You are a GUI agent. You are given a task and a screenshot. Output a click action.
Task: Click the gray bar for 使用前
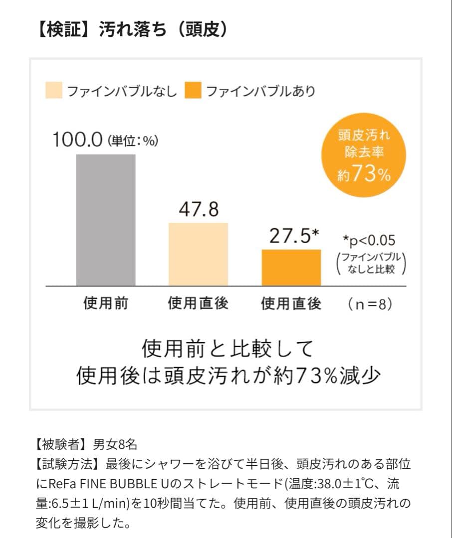coord(106,220)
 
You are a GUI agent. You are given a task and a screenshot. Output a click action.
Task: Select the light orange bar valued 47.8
coord(198,254)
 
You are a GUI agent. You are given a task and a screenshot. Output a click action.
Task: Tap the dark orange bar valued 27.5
coord(291,267)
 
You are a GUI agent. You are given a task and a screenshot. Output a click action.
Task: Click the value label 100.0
coord(78,140)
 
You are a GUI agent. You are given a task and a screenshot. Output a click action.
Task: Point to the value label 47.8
coord(199,209)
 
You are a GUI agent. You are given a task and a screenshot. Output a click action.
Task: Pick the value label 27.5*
coord(294,236)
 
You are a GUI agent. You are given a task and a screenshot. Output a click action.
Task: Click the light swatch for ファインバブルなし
coord(53,91)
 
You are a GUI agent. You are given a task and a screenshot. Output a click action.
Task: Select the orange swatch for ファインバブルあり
coord(193,91)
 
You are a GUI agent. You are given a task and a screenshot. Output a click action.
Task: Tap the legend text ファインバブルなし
coord(122,92)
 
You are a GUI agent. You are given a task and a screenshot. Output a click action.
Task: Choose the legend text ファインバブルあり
coord(260,92)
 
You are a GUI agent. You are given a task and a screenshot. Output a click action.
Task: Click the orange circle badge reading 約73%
coord(364,155)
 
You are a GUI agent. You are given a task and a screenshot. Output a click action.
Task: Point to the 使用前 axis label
coord(105,303)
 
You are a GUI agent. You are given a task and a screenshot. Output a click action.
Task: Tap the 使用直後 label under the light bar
coord(198,303)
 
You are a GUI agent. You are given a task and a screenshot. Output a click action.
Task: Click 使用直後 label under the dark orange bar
coord(291,303)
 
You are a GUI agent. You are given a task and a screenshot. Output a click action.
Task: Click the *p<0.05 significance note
coord(369,241)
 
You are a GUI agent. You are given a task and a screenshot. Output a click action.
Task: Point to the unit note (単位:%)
coord(133,141)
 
